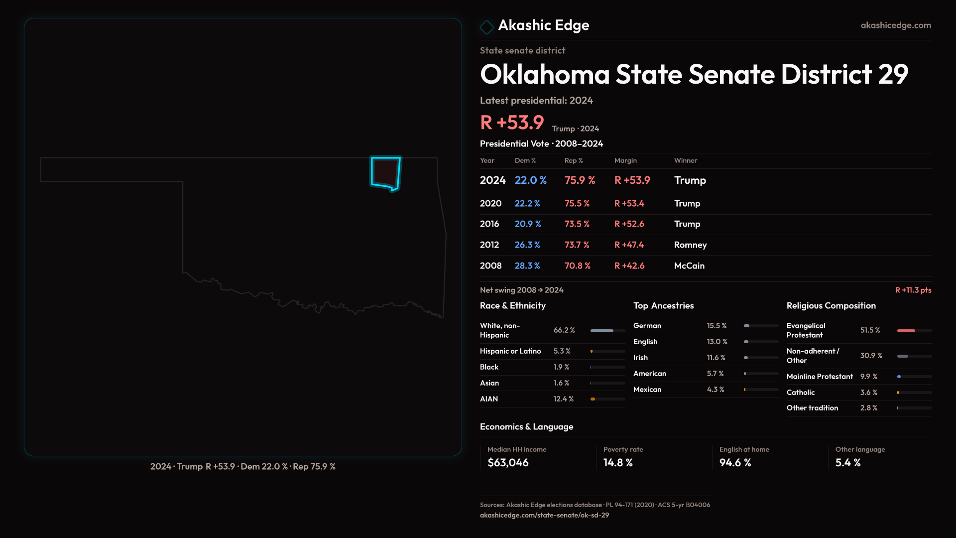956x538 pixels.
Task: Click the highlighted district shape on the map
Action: click(385, 172)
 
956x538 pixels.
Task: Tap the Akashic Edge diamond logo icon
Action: click(486, 26)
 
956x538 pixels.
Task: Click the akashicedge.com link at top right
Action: click(896, 25)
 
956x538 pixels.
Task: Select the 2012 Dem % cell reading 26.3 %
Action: click(527, 245)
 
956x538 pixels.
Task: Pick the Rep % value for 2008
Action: click(577, 266)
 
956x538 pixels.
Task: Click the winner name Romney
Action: click(690, 245)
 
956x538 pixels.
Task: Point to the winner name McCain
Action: click(689, 266)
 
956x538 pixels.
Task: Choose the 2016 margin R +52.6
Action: click(629, 224)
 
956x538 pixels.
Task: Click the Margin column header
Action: click(625, 160)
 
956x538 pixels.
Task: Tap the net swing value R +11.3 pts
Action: click(913, 290)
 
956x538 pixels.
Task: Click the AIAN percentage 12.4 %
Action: click(564, 399)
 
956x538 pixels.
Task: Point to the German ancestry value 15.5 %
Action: click(717, 326)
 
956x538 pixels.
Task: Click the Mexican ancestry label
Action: click(647, 390)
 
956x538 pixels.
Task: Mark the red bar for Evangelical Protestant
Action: click(906, 331)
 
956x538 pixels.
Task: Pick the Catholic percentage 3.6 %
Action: click(868, 393)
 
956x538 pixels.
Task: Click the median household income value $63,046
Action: click(508, 463)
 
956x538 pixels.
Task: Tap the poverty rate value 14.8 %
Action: click(618, 463)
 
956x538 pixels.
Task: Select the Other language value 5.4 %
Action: click(848, 463)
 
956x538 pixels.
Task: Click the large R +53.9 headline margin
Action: click(512, 123)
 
